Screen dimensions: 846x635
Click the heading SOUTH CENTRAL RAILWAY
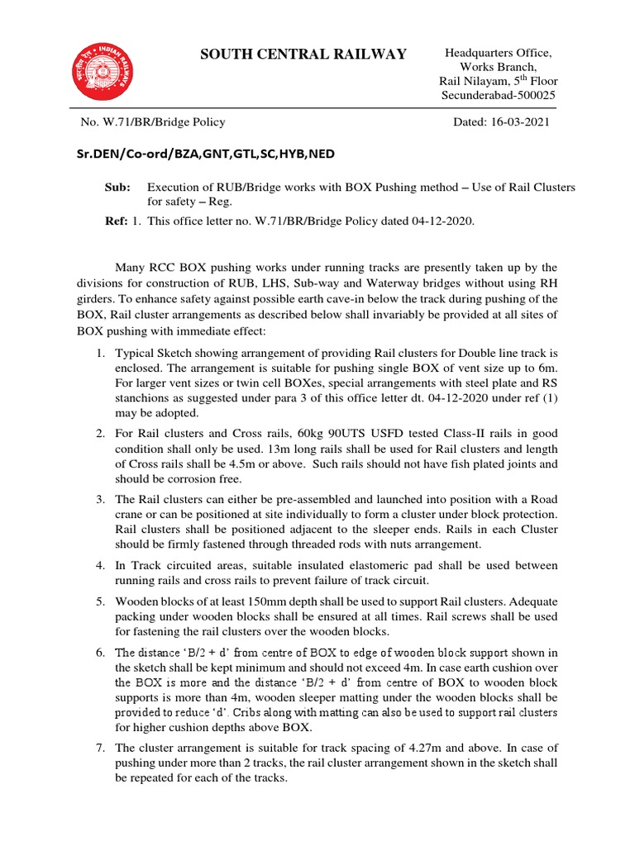coord(303,55)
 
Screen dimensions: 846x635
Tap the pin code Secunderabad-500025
coord(498,95)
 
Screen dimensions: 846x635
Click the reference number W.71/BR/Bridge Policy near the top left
coord(153,122)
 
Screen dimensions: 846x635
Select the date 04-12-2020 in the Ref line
coord(438,222)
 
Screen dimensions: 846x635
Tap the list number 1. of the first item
coord(98,354)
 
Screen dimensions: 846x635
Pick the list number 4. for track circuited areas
coord(98,565)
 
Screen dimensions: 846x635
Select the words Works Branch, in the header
coord(498,67)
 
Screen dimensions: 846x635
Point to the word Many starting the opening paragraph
coord(133,268)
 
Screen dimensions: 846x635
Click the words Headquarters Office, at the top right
coord(498,53)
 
